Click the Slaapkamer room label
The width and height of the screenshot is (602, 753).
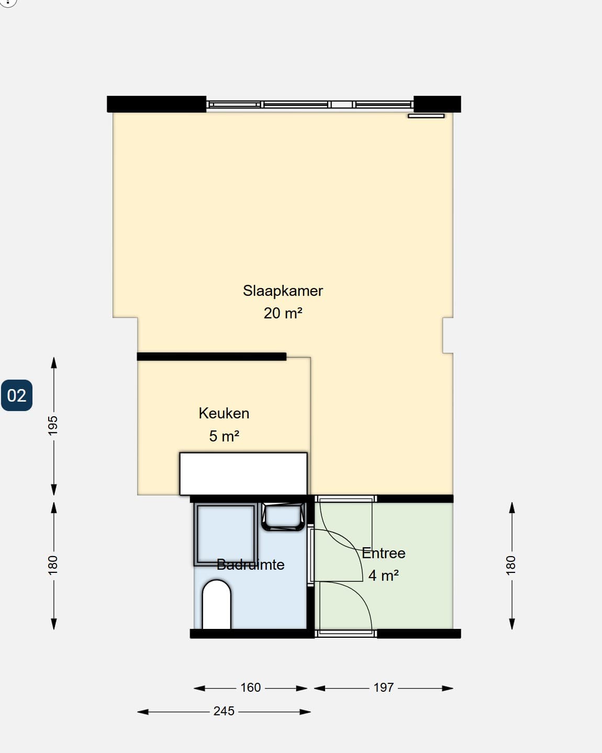(283, 291)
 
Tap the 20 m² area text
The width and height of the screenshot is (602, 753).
(283, 313)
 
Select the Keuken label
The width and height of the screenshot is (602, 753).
(224, 413)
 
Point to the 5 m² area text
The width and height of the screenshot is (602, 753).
(224, 436)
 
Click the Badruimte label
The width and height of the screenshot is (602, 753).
(250, 564)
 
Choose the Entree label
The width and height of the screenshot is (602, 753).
(383, 553)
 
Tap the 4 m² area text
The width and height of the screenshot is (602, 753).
(383, 575)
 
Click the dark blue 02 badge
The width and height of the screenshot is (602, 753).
(17, 395)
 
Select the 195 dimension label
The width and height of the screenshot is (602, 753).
(53, 426)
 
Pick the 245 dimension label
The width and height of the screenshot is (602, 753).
(224, 711)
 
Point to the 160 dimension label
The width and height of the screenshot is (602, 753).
(250, 688)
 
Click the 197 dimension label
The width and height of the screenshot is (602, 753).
(383, 688)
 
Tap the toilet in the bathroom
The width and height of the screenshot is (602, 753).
(217, 605)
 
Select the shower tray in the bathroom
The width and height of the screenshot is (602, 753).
(226, 534)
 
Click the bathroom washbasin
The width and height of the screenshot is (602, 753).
(283, 517)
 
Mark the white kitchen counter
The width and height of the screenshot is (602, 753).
(243, 474)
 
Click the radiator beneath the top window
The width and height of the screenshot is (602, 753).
(426, 116)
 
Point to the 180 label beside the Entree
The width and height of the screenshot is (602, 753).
(511, 565)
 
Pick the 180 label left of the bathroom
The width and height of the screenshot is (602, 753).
(53, 565)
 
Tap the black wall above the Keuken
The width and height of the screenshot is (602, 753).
(211, 357)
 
